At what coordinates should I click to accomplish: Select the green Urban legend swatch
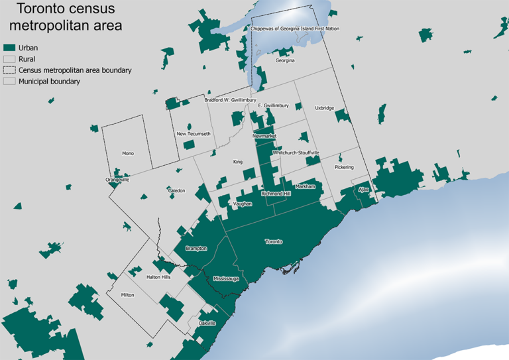[x=9, y=48]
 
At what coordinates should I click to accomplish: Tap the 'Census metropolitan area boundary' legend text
[x=75, y=70]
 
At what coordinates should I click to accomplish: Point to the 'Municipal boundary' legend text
[x=49, y=82]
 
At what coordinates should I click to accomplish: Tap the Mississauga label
[x=225, y=279]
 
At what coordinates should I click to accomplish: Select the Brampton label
[x=197, y=249]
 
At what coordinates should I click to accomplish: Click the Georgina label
[x=285, y=60]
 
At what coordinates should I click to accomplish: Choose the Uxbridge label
[x=324, y=107]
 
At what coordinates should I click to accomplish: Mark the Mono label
[x=128, y=154]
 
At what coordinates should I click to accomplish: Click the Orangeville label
[x=117, y=180]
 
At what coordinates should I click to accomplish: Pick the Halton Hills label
[x=158, y=277]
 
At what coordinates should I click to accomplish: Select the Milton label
[x=127, y=295]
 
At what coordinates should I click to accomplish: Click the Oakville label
[x=207, y=323]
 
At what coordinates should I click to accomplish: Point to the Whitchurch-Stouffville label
[x=296, y=152]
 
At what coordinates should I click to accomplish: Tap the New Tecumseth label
[x=194, y=134]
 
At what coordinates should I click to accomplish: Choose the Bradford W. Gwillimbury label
[x=230, y=100]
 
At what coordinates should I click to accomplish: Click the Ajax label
[x=363, y=190]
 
